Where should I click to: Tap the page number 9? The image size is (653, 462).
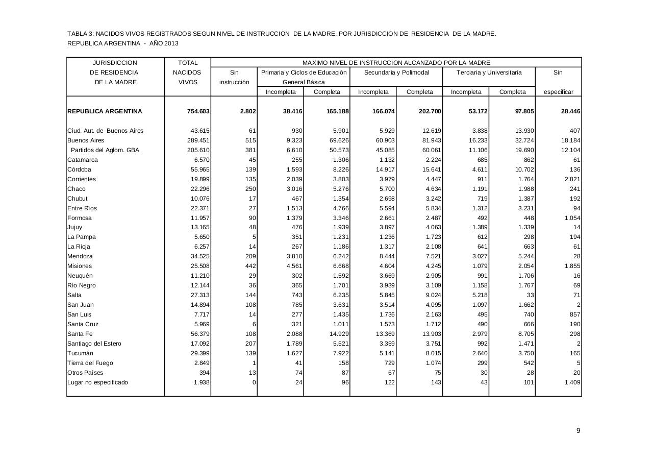pyautogui.click(x=578, y=431)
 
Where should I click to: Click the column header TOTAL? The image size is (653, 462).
pyautogui.click(x=187, y=63)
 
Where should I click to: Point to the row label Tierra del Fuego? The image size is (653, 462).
pyautogui.click(x=90, y=363)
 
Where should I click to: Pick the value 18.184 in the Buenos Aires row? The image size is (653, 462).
pyautogui.click(x=570, y=140)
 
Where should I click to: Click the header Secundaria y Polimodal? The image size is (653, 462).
pyautogui.click(x=396, y=72)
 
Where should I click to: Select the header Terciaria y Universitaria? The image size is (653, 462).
pyautogui.click(x=489, y=72)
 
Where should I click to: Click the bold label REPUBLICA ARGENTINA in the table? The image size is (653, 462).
pyautogui.click(x=105, y=111)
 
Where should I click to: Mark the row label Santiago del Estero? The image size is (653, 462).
pyautogui.click(x=94, y=344)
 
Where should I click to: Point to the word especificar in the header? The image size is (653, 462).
pyautogui.click(x=558, y=92)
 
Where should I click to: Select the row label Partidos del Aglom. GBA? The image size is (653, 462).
pyautogui.click(x=105, y=150)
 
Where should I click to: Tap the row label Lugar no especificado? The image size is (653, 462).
pyautogui.click(x=97, y=382)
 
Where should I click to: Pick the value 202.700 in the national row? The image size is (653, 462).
pyautogui.click(x=429, y=111)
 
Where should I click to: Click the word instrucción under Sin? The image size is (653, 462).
pyautogui.click(x=234, y=82)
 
